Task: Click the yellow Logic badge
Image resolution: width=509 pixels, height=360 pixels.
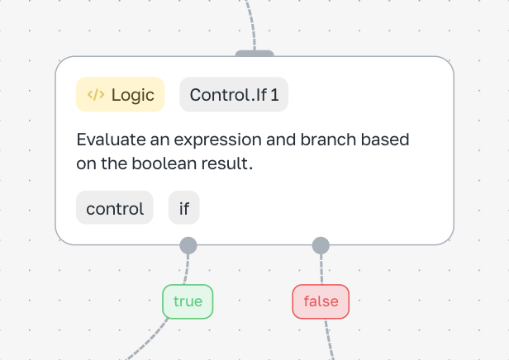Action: tap(120, 94)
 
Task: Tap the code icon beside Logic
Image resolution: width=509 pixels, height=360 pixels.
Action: tap(96, 94)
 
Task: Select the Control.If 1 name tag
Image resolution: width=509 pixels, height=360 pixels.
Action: tap(234, 94)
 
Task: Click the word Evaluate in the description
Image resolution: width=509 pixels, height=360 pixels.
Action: tap(111, 140)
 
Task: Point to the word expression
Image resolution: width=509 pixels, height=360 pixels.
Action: tap(217, 140)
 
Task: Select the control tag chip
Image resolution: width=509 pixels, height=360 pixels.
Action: tap(115, 207)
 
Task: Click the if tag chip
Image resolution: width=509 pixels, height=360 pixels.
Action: tap(184, 207)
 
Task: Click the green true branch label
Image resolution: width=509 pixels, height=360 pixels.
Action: tap(188, 301)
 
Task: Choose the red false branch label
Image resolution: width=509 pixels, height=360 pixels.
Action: tap(321, 301)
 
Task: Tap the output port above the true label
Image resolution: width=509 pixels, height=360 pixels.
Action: tap(188, 245)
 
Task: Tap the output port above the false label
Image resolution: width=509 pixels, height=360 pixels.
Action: tap(321, 245)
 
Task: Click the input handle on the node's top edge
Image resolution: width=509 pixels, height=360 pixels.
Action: tap(254, 53)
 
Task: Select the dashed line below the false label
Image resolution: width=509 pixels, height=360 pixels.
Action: tap(329, 339)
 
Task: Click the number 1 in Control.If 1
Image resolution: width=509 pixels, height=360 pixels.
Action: tap(274, 95)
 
